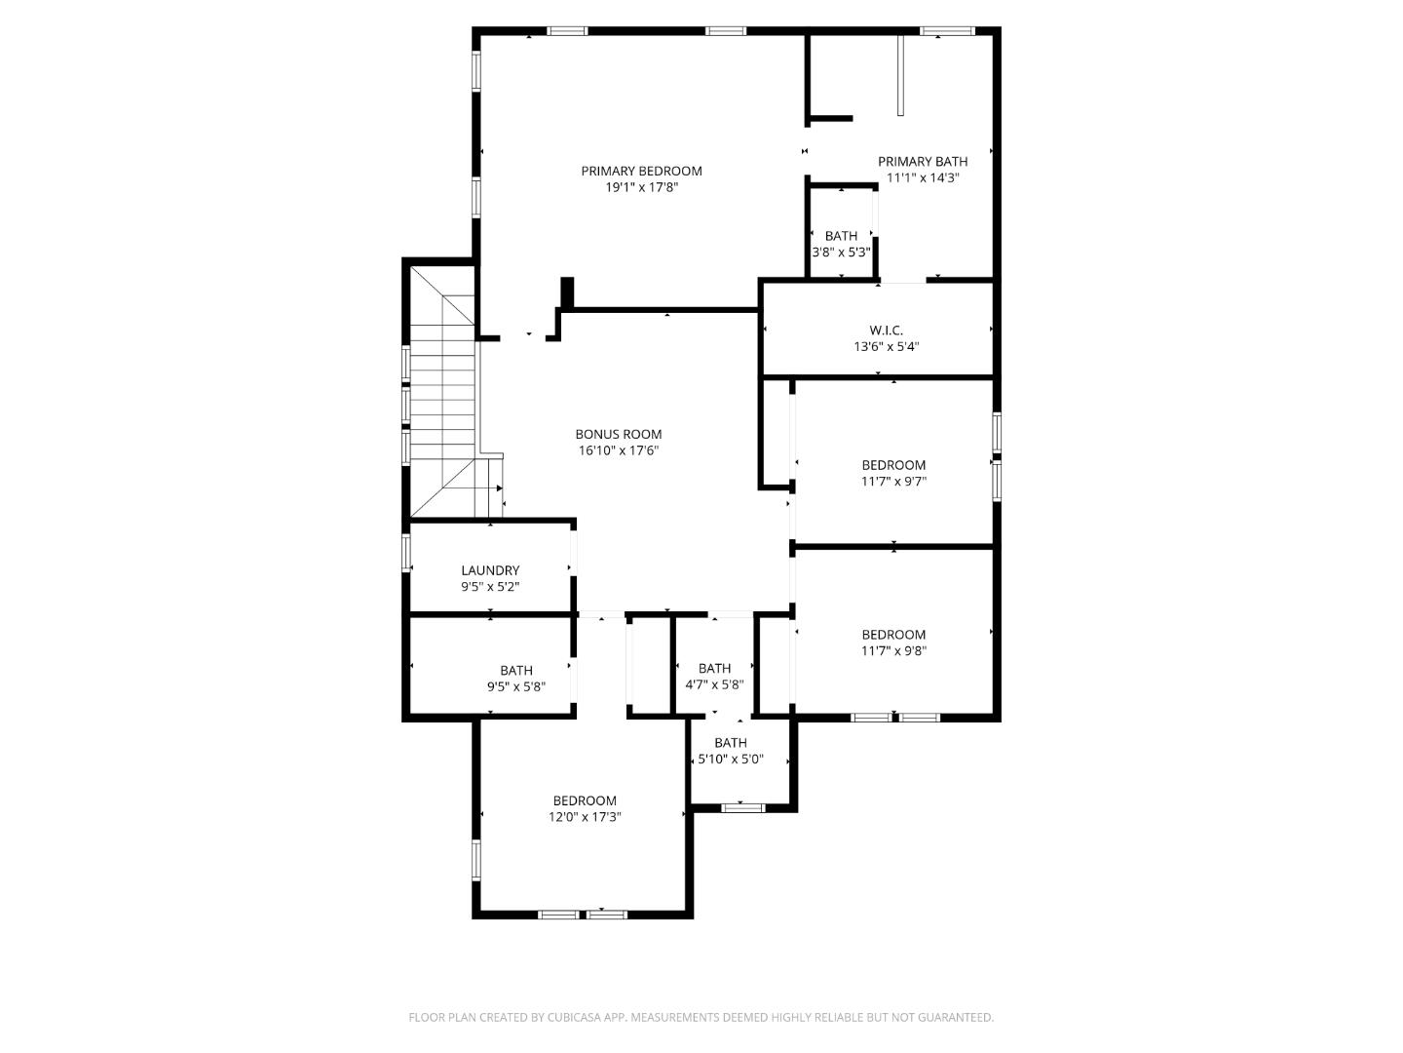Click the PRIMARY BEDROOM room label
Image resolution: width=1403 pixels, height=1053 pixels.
click(x=641, y=171)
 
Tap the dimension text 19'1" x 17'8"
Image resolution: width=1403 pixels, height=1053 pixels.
click(x=641, y=187)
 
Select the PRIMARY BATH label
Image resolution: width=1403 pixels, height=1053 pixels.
click(x=923, y=162)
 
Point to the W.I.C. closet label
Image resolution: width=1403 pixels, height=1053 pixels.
click(x=886, y=331)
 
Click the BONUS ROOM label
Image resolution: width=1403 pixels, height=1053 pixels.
click(x=618, y=435)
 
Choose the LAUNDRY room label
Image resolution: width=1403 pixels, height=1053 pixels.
click(x=490, y=570)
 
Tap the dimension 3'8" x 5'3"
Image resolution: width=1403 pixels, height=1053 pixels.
click(x=841, y=252)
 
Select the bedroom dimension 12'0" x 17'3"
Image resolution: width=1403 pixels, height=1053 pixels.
click(x=585, y=817)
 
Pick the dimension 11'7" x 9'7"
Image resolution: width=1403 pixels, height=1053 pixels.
click(x=893, y=482)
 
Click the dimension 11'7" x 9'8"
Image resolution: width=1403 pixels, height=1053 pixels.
click(x=893, y=650)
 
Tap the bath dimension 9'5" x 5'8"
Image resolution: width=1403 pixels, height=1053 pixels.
click(x=516, y=686)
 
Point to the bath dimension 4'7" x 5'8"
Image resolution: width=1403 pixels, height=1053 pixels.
click(x=714, y=684)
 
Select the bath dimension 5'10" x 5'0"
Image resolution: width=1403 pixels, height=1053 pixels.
click(x=731, y=759)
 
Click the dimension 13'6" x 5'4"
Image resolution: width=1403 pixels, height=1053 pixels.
click(x=886, y=346)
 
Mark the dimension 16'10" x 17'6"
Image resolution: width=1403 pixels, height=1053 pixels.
click(x=618, y=450)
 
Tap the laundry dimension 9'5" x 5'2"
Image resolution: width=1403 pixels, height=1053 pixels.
click(x=490, y=587)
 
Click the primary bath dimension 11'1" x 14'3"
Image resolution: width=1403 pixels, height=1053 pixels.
click(x=923, y=178)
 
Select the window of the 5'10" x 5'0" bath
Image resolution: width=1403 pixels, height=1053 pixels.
click(x=743, y=806)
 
